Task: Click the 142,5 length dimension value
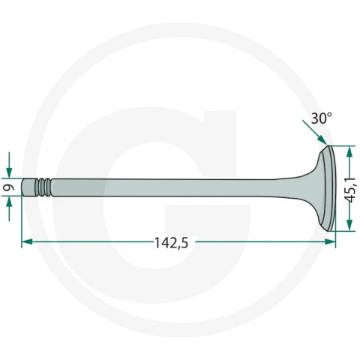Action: pos(171,243)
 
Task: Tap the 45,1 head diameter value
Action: pos(350,189)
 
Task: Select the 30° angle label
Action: pos(322,118)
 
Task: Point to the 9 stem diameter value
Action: pos(9,187)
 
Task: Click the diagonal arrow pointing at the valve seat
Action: pos(315,133)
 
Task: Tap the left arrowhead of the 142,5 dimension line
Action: pos(27,241)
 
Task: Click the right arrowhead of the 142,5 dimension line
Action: pos(330,241)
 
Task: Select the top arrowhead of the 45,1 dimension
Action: pos(349,151)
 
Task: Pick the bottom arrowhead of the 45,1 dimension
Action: pos(349,225)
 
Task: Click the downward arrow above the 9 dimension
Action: pos(9,165)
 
